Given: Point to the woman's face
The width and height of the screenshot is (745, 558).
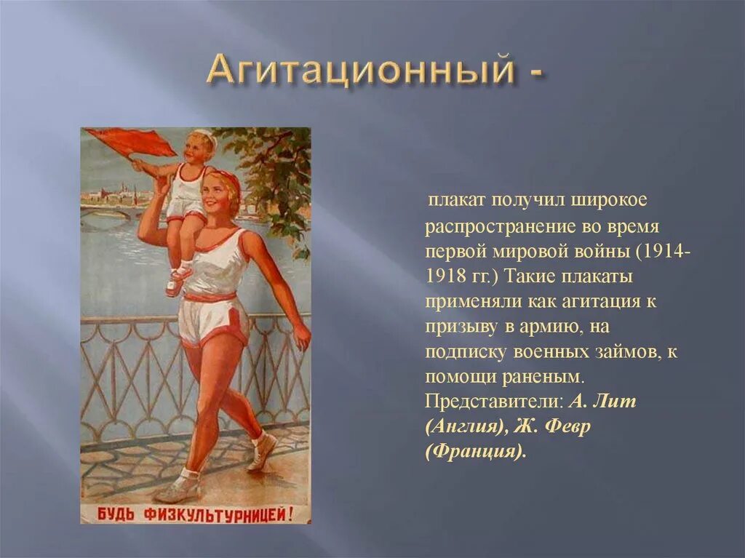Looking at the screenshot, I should (x=220, y=192).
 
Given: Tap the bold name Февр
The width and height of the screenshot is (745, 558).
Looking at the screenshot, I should (x=566, y=427).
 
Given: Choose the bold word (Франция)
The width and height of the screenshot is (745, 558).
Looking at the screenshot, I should (x=474, y=452).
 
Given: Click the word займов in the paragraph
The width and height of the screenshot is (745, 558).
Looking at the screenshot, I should (x=624, y=352).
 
